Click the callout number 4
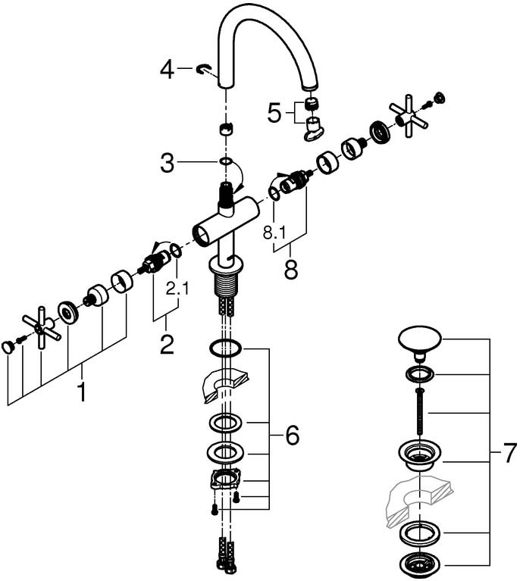click(168, 70)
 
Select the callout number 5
click(274, 114)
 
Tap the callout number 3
click(168, 161)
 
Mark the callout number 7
click(509, 454)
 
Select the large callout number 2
click(166, 344)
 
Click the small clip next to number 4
click(202, 70)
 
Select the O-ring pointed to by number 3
click(226, 161)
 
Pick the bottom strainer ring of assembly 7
click(418, 564)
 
